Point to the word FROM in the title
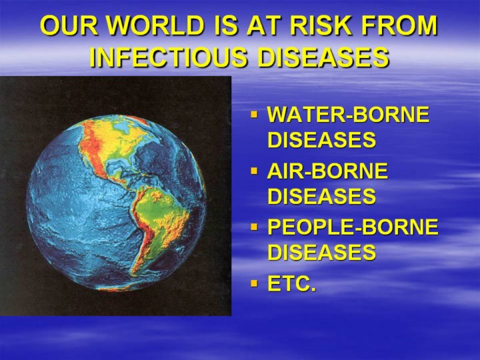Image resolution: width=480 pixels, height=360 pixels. [x=399, y=25]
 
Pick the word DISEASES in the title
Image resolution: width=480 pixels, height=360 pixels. [x=323, y=57]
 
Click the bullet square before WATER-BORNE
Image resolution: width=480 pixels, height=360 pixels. [x=254, y=115]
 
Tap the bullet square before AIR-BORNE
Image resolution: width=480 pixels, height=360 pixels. [x=254, y=171]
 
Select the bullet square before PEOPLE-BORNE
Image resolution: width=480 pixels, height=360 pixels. [x=254, y=227]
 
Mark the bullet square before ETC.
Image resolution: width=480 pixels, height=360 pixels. [x=254, y=283]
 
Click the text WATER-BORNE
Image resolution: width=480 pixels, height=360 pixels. [x=349, y=115]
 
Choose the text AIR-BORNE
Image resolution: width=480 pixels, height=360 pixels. [x=327, y=171]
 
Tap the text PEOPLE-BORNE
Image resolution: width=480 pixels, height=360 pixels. [x=353, y=227]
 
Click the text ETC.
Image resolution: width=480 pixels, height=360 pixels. [x=292, y=284]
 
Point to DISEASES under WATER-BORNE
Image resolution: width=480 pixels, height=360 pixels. [x=322, y=139]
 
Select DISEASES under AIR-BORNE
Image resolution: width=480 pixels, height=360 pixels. [x=322, y=196]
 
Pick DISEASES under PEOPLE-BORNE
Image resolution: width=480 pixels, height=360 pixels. [x=322, y=252]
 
